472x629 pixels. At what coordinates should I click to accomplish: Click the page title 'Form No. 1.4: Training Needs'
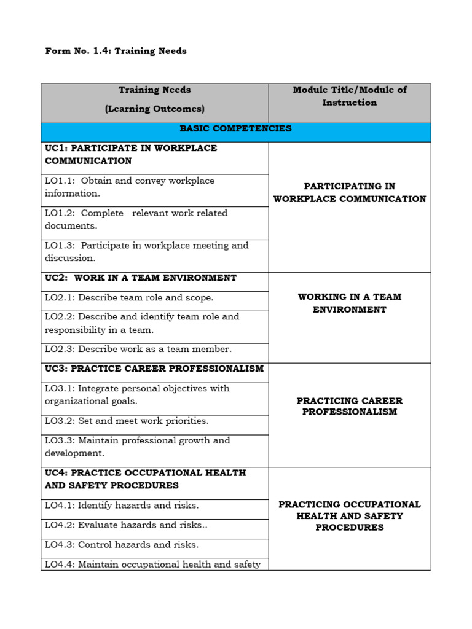point(116,51)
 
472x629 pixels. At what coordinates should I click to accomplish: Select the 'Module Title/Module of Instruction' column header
point(349,96)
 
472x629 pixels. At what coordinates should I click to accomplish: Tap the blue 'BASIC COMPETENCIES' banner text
point(235,129)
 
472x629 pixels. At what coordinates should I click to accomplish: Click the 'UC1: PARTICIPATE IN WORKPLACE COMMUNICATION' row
point(131,155)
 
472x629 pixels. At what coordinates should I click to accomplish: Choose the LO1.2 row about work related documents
point(135,219)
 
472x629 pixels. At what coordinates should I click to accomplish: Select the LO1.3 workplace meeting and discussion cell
point(146,252)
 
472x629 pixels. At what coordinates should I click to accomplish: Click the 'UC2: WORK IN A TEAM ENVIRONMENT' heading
point(140,278)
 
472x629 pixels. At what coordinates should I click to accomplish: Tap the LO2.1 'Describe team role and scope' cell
point(129,298)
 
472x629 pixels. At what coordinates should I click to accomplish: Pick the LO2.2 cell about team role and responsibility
point(141,324)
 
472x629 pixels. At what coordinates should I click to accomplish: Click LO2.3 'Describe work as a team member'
point(138,350)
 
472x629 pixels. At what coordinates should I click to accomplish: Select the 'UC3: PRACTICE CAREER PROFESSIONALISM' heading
point(154,369)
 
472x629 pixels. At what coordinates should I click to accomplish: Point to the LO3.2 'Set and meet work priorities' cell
point(127,421)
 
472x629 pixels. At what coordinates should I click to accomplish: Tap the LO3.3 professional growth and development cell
point(137,447)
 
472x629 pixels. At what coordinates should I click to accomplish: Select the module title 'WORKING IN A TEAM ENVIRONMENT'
point(349,303)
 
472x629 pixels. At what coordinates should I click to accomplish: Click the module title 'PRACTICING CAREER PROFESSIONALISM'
point(349,407)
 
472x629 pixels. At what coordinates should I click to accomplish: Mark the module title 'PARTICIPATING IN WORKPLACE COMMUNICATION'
point(349,193)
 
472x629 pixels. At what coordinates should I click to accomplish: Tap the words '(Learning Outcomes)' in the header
point(154,109)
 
